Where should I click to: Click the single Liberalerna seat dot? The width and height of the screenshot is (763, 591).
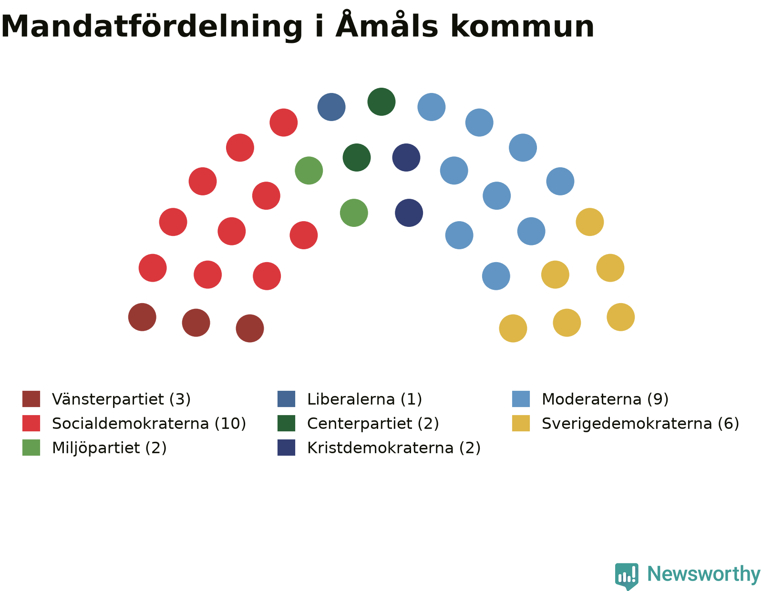pos(331,107)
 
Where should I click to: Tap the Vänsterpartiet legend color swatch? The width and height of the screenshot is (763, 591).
pos(31,398)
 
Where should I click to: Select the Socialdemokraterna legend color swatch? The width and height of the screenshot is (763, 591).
pos(31,423)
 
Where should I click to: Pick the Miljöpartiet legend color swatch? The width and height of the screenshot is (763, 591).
pos(31,448)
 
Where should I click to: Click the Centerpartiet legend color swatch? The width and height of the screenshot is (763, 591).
pos(286,423)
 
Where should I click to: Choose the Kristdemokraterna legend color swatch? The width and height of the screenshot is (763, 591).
pos(286,448)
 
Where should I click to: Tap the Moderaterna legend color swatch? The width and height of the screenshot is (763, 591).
pos(521,398)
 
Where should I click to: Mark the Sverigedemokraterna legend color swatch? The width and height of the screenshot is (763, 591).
pos(521,423)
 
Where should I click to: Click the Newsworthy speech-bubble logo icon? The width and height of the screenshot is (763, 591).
pos(627,576)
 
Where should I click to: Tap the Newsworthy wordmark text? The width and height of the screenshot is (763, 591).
pos(703,574)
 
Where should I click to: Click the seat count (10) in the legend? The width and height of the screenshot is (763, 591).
pos(230,424)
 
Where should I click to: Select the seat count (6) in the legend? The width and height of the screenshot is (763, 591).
pos(728,424)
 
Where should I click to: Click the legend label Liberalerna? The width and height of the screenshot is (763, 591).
pos(351,399)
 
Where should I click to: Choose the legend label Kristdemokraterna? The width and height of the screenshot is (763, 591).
pos(380,448)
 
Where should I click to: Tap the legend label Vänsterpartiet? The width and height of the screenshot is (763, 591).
pos(108,400)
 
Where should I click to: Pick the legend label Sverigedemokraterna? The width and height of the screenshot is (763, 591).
pos(627,424)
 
